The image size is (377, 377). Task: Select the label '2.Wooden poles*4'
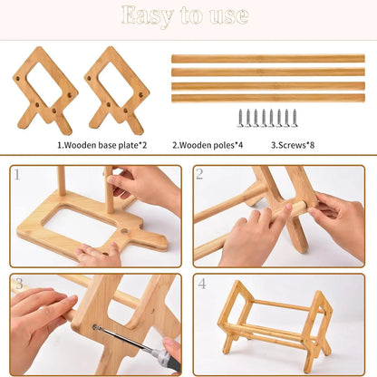pos(208,144)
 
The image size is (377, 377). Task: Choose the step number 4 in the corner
pos(203,285)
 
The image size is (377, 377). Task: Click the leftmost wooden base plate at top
pos(44,88)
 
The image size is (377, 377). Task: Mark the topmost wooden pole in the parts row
pos(267,58)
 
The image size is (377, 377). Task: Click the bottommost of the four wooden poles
pos(267,97)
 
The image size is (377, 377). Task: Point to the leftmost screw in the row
pos(241,118)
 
